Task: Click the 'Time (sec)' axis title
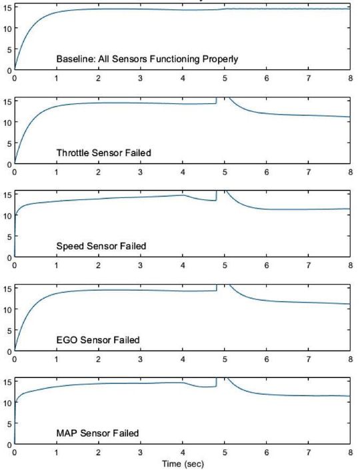182,462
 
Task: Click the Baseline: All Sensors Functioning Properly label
147,59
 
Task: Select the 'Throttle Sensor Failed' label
103,153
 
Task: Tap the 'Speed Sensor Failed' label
101,246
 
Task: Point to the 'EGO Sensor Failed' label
98,340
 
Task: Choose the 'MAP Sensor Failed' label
97,433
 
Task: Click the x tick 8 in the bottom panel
350,452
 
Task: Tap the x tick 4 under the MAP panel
182,452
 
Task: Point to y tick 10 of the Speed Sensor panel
6,215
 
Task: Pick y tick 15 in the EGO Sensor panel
6,288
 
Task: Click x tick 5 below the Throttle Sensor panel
224,172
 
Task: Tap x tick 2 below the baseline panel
98,78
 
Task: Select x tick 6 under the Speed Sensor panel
266,265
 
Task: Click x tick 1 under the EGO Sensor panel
56,359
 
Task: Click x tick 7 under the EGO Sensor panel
308,359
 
